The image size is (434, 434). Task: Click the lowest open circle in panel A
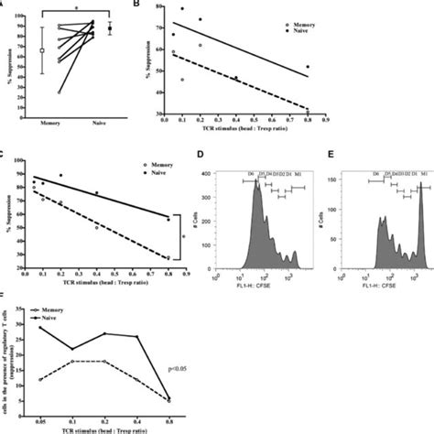point(60,92)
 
